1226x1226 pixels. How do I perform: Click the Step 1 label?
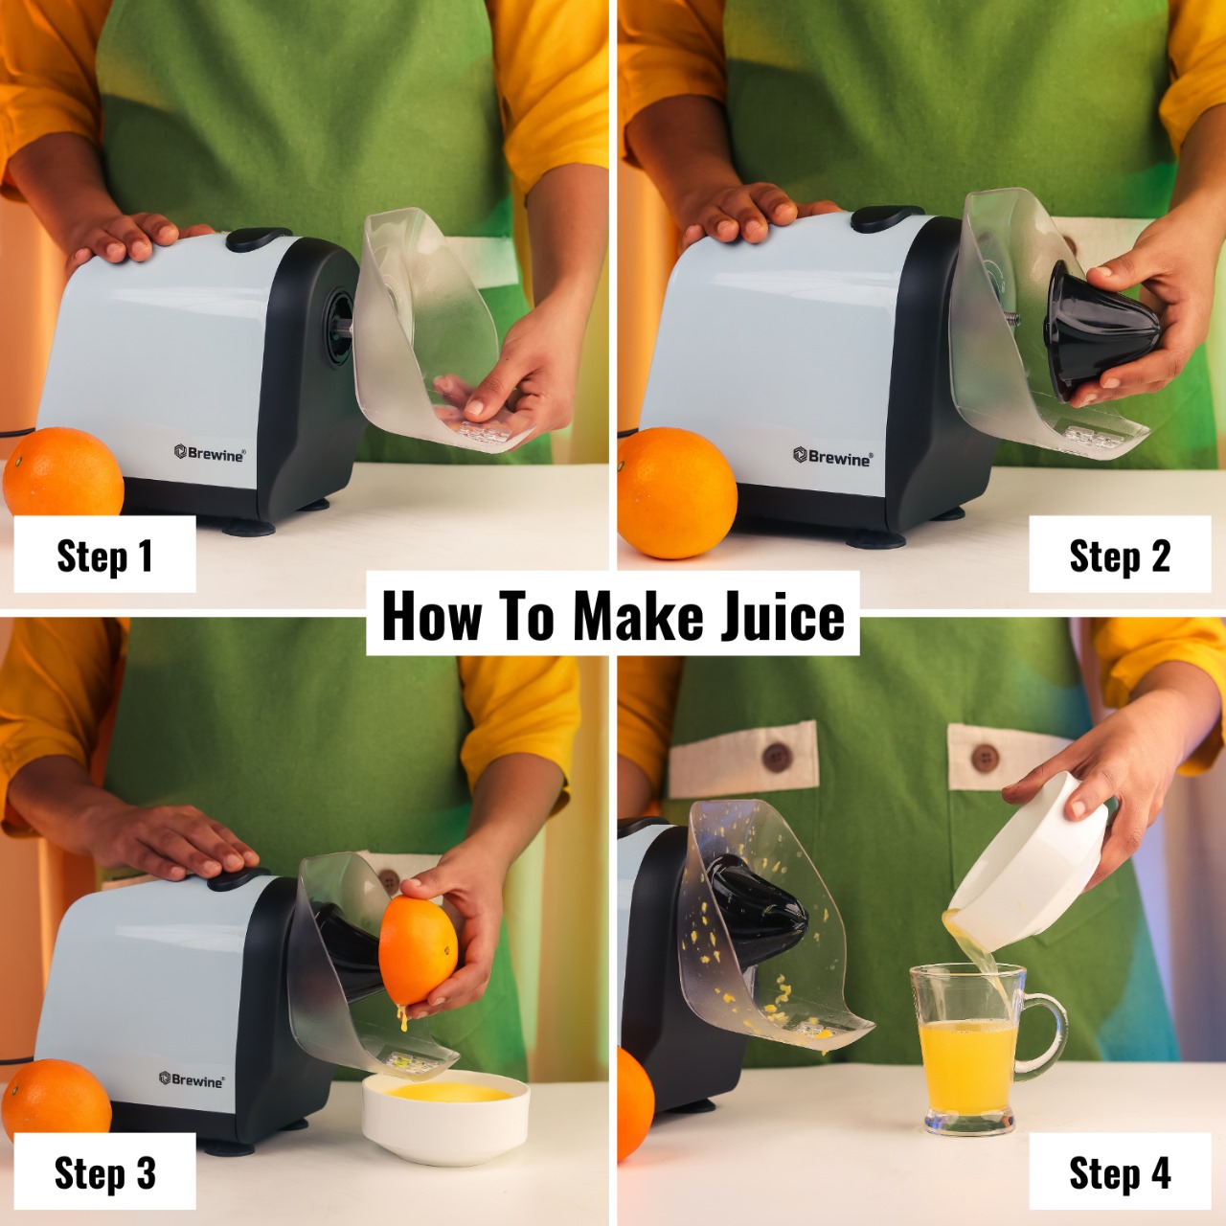[x=103, y=556]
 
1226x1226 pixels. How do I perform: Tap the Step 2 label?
[x=1119, y=556]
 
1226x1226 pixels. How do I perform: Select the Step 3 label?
[x=103, y=1172]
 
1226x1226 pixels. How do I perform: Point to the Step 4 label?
[x=1119, y=1172]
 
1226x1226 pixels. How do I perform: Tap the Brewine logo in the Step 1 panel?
[x=210, y=453]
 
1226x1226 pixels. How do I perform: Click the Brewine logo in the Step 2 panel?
[x=832, y=457]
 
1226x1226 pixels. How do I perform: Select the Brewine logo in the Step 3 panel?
[x=192, y=1079]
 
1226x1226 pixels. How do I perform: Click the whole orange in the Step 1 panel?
[x=63, y=474]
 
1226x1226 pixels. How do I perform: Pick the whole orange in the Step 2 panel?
[x=675, y=492]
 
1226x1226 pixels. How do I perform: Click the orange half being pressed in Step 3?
[x=418, y=950]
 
